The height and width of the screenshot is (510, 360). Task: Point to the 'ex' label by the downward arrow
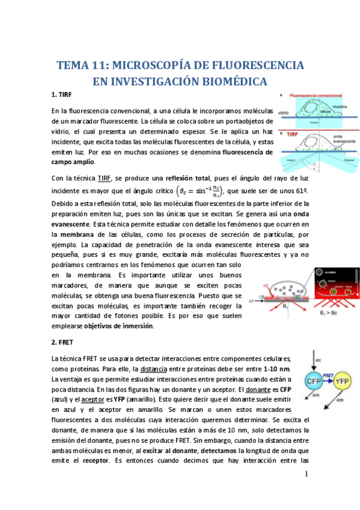click(x=319, y=360)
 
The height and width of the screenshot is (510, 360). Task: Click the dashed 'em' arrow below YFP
click(x=334, y=403)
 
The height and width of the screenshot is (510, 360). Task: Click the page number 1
click(x=306, y=475)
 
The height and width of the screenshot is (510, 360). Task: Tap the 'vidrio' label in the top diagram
click(x=284, y=112)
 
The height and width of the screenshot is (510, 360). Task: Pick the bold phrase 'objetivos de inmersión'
click(x=118, y=326)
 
